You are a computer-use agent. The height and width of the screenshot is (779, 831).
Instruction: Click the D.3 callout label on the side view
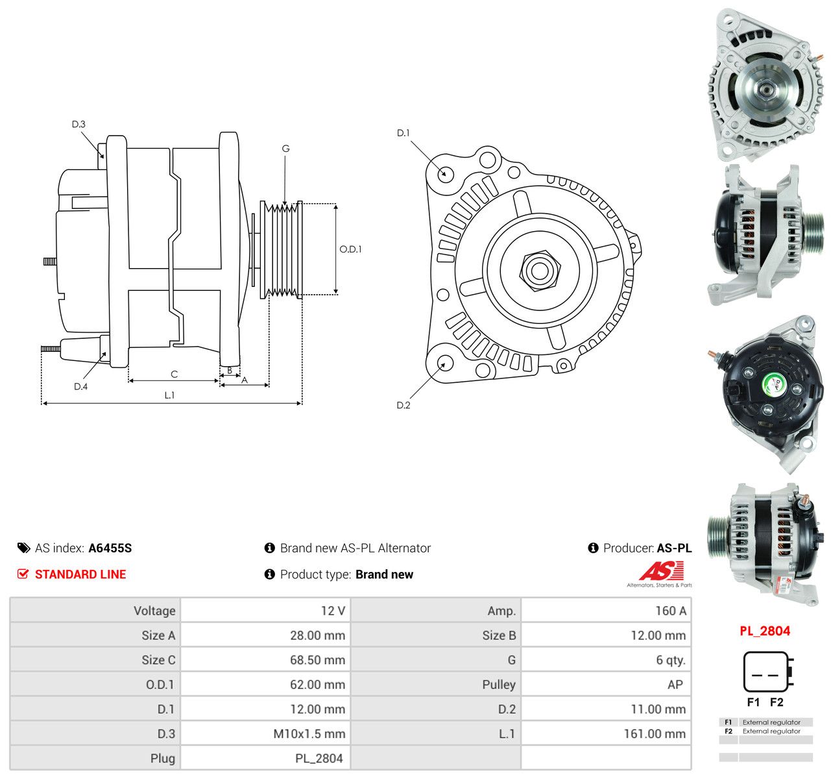coord(78,124)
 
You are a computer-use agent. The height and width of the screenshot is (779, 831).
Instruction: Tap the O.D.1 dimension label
coord(350,249)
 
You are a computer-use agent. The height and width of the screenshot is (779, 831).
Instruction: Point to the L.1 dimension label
coord(169,395)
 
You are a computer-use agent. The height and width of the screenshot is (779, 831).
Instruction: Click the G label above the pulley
coord(286,148)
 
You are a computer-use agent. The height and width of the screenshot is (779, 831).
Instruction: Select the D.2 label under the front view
coord(403,405)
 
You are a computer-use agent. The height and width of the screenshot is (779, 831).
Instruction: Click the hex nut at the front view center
coord(539,271)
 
